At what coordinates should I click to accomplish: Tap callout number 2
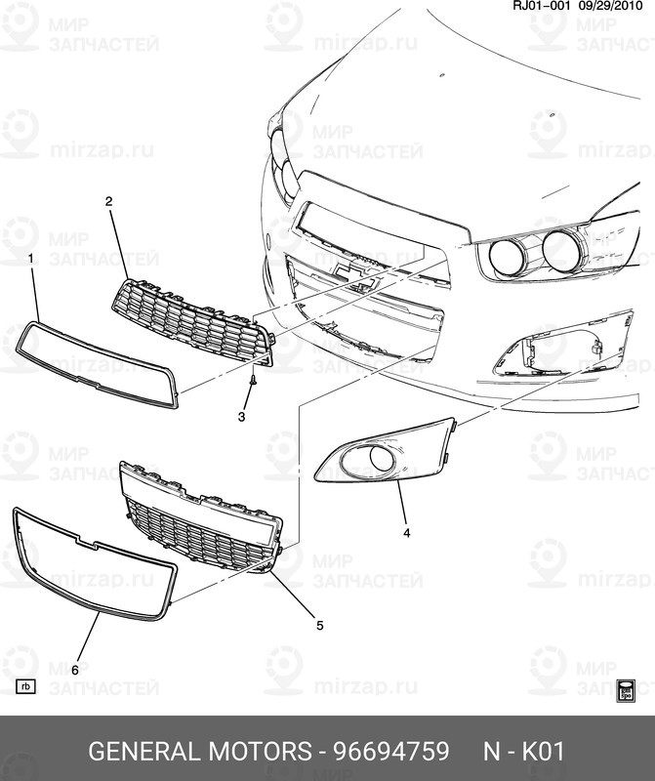(108, 201)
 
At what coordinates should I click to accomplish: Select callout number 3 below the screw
(242, 417)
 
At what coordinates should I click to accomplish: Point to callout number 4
(406, 533)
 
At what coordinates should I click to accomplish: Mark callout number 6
(74, 670)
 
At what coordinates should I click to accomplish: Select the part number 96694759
(391, 752)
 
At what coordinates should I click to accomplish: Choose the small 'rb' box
(26, 686)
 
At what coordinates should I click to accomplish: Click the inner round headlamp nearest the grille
(509, 257)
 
